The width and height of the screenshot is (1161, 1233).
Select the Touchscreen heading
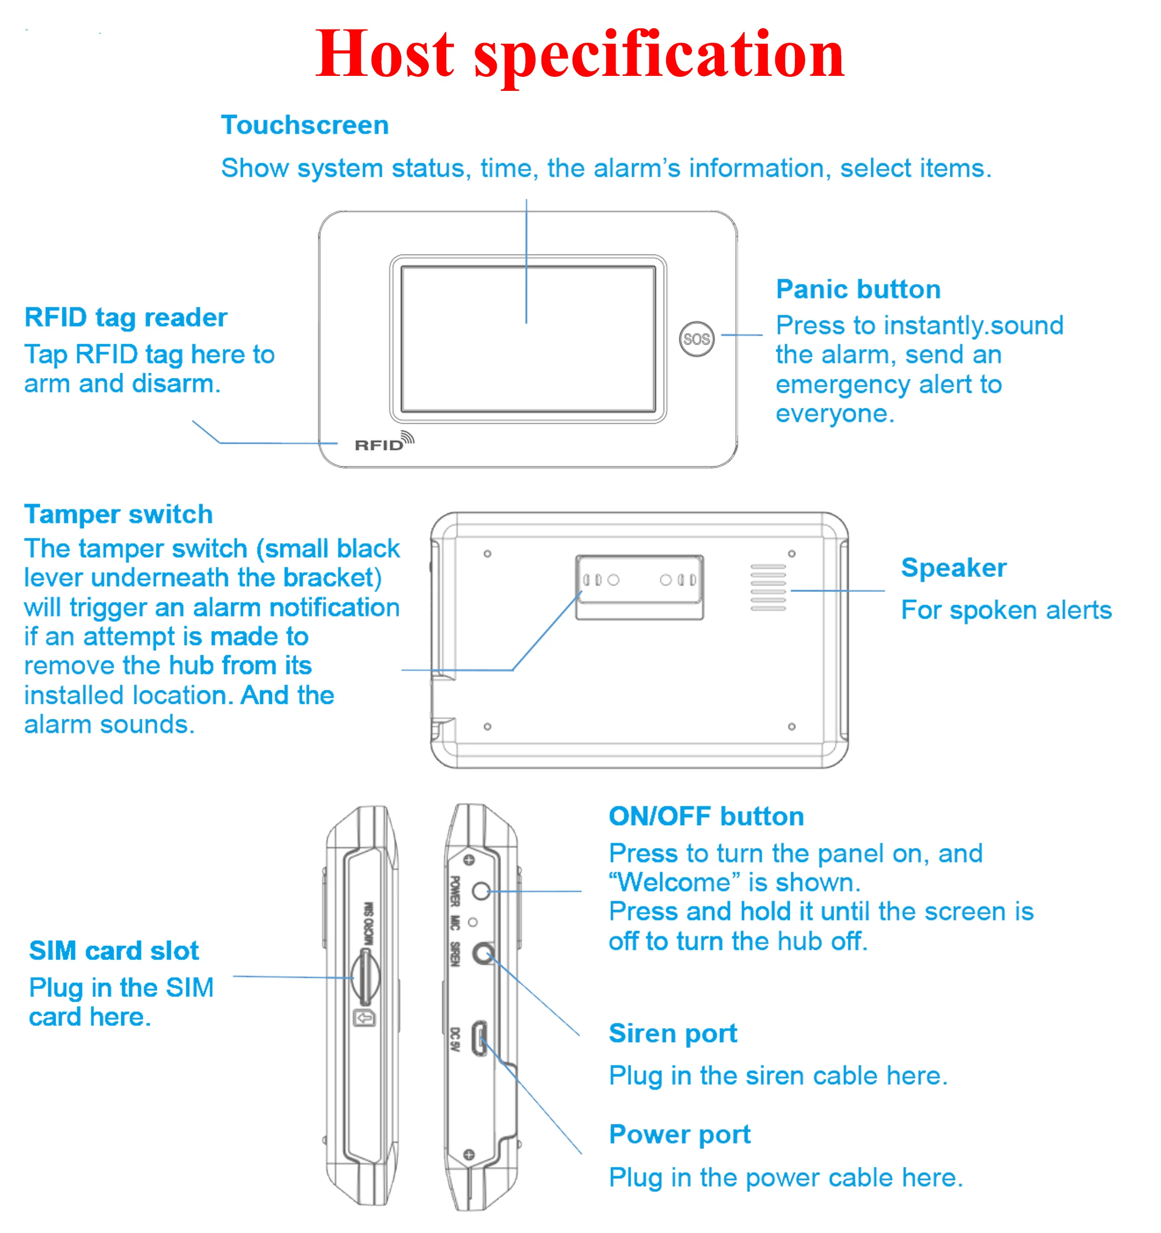(x=304, y=126)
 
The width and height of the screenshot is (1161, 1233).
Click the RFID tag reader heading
(x=125, y=317)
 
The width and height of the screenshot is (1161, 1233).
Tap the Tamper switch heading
(x=118, y=514)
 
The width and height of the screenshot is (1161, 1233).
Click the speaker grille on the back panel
(x=768, y=587)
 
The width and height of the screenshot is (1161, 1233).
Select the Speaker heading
(x=953, y=568)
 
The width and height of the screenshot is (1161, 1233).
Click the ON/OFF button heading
(x=706, y=816)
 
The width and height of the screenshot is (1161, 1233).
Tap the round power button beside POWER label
(x=481, y=891)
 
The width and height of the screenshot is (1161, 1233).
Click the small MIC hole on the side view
(x=472, y=922)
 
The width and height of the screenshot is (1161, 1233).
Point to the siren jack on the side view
(x=483, y=952)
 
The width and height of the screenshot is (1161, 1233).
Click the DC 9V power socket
(x=479, y=1038)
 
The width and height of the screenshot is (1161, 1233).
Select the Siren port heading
(x=672, y=1034)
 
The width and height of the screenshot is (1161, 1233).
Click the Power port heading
(x=679, y=1134)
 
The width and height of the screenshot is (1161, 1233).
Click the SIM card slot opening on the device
(x=365, y=977)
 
